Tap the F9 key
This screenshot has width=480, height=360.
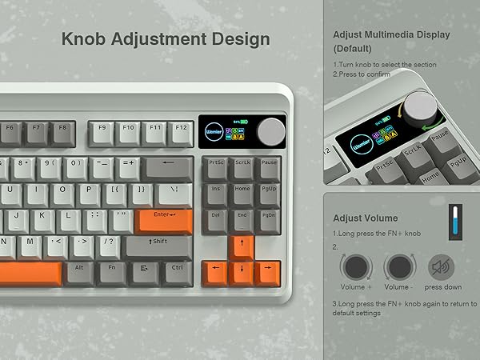click(103, 130)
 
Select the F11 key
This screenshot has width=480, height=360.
click(155, 130)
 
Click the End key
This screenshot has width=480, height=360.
click(242, 218)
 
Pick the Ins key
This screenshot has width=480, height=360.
click(216, 193)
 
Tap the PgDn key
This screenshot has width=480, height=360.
click(267, 218)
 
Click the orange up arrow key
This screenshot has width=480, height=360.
click(242, 245)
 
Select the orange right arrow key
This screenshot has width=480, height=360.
click(268, 270)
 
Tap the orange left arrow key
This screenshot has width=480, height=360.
click(216, 270)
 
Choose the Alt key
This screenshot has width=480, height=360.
click(80, 271)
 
